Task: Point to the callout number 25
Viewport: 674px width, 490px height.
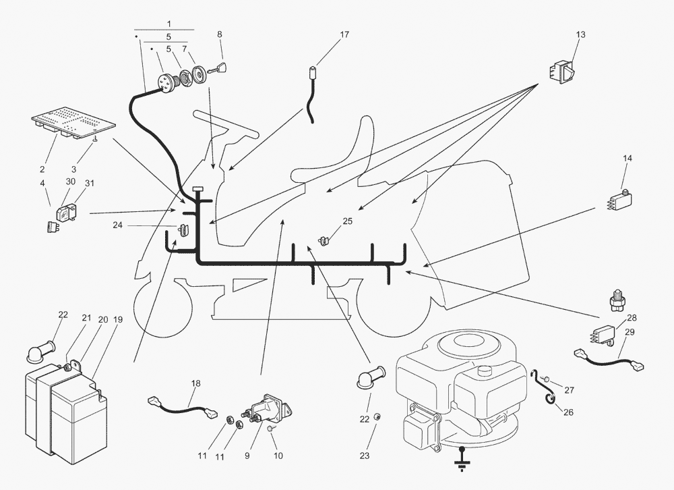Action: [348, 221]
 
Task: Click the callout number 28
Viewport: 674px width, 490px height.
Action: [632, 317]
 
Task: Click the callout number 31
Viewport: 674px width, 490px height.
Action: [90, 182]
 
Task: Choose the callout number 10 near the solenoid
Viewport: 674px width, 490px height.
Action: [278, 456]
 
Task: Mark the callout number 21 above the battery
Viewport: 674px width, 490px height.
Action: [86, 317]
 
